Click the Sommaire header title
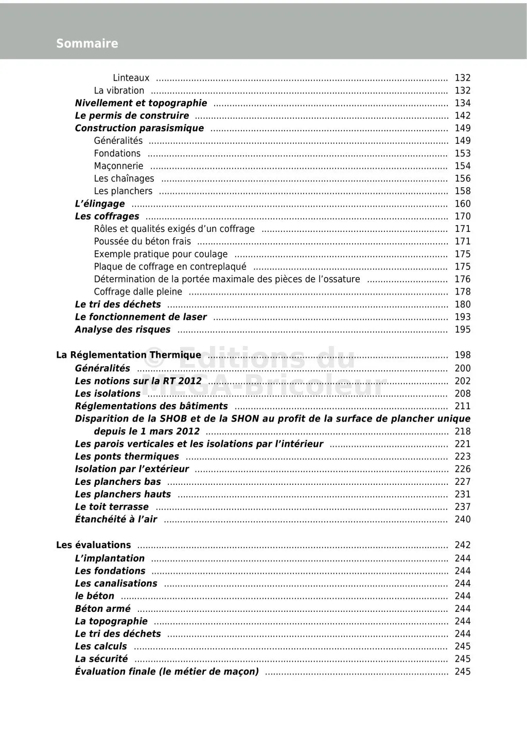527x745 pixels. [87, 44]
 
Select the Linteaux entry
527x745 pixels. [131, 78]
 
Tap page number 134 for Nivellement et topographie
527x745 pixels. [462, 103]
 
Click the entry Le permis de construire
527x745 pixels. [132, 116]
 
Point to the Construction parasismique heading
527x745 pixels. [139, 129]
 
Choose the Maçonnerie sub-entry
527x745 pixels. [118, 166]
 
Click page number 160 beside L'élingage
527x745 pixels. [462, 204]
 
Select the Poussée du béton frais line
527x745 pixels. [142, 242]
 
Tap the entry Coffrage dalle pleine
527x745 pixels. [138, 292]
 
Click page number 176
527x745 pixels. [462, 279]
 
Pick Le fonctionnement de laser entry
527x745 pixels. [140, 317]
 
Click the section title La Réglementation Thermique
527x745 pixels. [129, 355]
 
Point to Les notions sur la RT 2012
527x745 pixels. [138, 381]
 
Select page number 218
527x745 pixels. [462, 431]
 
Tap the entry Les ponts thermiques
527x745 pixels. [127, 457]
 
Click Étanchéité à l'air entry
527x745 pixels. [116, 519]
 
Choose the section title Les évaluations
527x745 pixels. [93, 545]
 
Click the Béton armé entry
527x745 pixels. [102, 609]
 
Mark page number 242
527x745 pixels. [462, 545]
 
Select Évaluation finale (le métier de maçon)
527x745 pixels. [167, 671]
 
